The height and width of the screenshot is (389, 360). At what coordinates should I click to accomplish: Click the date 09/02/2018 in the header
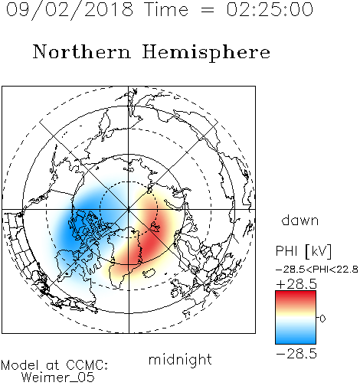(x=70, y=10)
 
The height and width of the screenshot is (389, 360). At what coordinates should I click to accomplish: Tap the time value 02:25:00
(x=270, y=9)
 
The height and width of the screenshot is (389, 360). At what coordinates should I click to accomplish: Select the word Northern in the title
(x=82, y=51)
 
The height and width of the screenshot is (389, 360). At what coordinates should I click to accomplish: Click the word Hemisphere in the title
(x=206, y=52)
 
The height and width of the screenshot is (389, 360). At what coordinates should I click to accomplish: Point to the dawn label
(x=300, y=220)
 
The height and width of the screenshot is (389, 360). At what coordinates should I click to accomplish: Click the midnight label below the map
(x=180, y=359)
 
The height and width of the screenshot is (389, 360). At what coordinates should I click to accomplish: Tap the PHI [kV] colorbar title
(x=303, y=251)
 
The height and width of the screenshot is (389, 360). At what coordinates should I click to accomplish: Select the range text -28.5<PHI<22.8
(x=317, y=270)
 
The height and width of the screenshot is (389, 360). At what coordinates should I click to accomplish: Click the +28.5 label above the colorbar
(x=296, y=284)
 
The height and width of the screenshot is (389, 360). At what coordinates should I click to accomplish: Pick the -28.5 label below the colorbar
(x=296, y=354)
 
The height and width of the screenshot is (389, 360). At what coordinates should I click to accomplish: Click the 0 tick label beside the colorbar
(x=322, y=319)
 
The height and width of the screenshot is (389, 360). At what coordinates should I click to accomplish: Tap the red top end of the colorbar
(x=296, y=293)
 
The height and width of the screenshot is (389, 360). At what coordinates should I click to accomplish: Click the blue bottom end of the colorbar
(x=296, y=341)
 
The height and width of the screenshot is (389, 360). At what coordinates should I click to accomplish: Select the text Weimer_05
(x=58, y=378)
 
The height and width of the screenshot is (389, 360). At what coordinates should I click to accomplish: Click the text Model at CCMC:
(x=54, y=365)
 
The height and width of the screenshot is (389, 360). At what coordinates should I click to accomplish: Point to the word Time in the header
(x=166, y=9)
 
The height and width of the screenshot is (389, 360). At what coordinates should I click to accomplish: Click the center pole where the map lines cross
(x=129, y=210)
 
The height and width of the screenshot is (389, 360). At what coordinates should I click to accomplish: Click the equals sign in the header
(x=207, y=11)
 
